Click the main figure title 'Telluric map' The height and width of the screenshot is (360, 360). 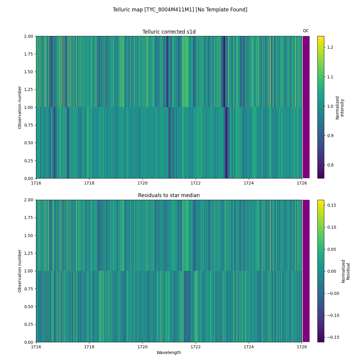180,10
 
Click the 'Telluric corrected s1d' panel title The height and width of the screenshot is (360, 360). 169,32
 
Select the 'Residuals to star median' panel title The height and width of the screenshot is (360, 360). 169,195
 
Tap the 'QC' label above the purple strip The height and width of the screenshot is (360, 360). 306,31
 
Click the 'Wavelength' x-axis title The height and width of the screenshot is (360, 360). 169,352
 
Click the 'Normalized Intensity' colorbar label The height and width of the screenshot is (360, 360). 339,107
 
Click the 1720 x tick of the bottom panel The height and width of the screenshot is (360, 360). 142,346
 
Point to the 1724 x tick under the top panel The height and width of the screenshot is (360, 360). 249,183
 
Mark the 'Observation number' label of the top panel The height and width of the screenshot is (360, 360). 20,107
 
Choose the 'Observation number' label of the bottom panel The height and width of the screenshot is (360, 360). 20,271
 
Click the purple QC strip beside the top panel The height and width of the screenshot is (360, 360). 306,107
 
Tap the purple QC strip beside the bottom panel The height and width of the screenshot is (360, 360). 306,271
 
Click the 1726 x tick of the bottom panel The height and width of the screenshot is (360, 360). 302,346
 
